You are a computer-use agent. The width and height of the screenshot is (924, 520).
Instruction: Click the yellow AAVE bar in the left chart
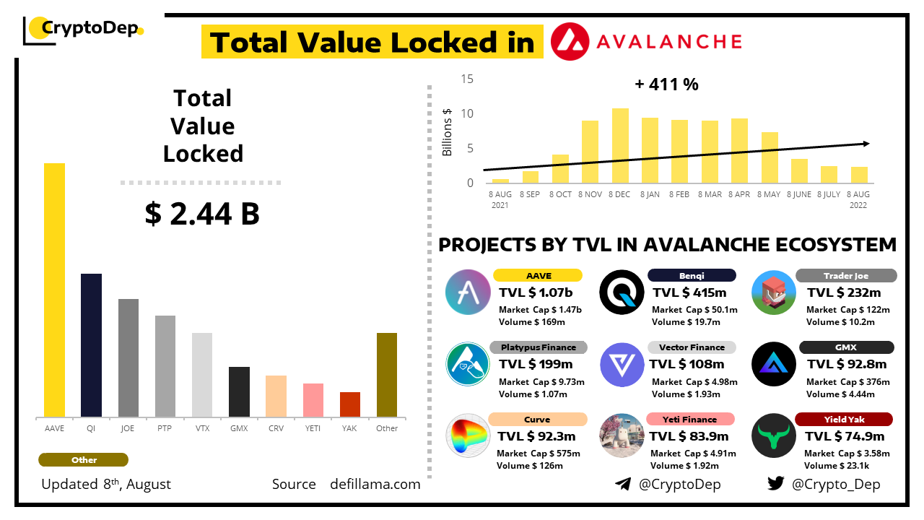point(54,290)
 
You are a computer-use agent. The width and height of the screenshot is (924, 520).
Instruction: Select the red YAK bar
point(350,404)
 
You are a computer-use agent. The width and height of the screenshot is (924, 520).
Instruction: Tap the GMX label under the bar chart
point(239,428)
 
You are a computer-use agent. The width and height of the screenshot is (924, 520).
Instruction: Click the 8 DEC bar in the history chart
point(620,145)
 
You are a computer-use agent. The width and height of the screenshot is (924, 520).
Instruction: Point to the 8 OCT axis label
point(560,194)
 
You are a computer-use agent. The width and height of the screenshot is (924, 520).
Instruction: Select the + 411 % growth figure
point(666,84)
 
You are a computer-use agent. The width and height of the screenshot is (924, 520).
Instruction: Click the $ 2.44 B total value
point(202,214)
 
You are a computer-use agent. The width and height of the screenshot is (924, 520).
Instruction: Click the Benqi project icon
point(622,292)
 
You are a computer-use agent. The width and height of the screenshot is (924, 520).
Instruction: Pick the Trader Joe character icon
point(774,292)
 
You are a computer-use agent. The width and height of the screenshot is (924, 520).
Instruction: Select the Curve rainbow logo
point(468,436)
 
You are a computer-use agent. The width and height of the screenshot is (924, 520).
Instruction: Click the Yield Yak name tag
point(844,420)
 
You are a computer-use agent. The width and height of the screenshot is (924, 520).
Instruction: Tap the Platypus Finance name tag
point(539,347)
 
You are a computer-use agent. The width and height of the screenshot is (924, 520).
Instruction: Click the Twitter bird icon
point(776,484)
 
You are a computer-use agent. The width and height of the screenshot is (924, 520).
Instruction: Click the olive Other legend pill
point(84,460)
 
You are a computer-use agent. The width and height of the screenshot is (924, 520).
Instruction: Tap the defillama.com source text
point(375,484)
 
